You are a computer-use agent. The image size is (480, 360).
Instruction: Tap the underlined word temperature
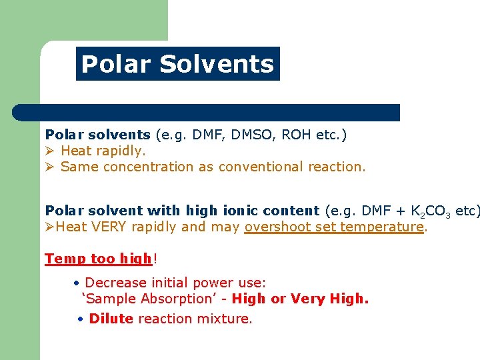(382, 227)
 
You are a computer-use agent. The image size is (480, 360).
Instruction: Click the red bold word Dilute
(111, 319)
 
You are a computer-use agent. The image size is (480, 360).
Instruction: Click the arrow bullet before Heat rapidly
(50, 151)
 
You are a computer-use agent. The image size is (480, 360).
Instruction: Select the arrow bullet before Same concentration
(50, 167)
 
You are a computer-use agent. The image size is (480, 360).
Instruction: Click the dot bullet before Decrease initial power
(78, 283)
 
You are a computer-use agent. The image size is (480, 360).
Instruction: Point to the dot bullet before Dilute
(80, 319)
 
